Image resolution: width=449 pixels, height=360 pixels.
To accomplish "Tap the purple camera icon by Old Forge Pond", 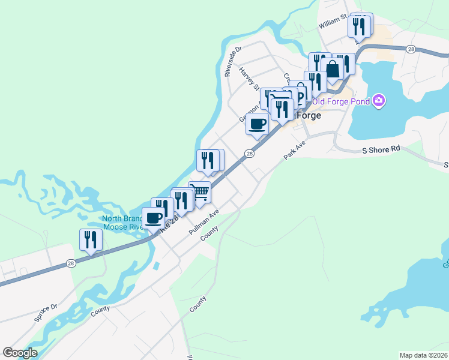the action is (x=378, y=100).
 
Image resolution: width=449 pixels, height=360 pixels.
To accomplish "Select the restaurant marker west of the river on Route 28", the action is (x=91, y=240).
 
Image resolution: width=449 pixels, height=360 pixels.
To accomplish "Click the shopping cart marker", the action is (x=200, y=193).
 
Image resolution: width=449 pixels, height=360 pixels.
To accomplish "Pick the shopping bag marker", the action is (x=332, y=68).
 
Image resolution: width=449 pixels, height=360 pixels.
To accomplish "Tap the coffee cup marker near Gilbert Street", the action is (x=258, y=124).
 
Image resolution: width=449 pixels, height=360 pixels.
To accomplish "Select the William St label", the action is (x=333, y=23).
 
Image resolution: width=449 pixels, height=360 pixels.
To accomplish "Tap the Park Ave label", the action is (x=295, y=150).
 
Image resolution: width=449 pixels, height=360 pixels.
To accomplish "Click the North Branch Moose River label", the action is (x=122, y=223).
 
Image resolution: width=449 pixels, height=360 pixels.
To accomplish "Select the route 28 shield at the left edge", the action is (x=71, y=262).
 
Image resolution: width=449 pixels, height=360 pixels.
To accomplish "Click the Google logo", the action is (x=20, y=353).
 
